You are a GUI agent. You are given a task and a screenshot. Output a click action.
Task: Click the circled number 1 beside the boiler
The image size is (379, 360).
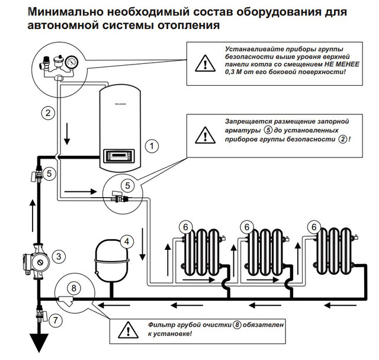152,146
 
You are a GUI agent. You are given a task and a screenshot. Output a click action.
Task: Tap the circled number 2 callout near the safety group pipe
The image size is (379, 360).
48,113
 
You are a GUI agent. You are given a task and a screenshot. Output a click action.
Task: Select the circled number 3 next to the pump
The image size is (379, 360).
59,256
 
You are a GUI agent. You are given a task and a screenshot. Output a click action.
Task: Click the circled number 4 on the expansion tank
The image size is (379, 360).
127,242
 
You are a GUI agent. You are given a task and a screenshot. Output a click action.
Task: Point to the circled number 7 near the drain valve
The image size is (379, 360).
56,320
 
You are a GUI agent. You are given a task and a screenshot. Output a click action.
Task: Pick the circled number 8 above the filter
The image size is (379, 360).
73,288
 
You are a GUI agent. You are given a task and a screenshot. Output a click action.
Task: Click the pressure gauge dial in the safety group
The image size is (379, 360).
72,62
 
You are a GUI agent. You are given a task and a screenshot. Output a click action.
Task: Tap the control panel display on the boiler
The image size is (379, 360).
118,155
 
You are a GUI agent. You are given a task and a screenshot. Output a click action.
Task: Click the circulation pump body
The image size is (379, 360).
36,262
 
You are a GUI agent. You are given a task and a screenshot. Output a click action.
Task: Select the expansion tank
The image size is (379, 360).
111,261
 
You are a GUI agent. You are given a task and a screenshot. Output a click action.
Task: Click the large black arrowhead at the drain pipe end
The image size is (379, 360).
39,343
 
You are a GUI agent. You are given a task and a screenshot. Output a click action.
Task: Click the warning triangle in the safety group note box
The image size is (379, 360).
205,63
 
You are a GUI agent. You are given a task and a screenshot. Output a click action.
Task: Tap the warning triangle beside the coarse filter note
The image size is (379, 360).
129,330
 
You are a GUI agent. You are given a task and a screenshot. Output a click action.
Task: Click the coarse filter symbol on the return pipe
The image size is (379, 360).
66,301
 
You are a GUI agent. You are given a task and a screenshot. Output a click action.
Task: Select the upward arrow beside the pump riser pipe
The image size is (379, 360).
33,216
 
